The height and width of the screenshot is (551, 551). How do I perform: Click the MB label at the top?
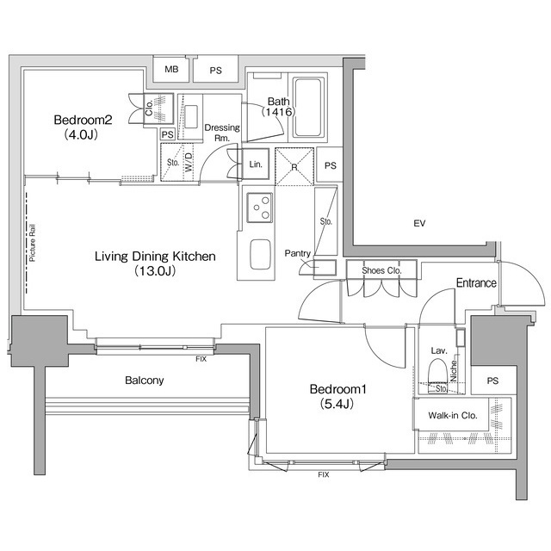(171, 70)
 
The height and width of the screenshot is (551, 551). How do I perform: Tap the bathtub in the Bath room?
(307, 108)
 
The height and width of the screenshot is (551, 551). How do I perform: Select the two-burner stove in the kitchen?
(257, 207)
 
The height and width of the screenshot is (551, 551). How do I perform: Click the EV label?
(419, 224)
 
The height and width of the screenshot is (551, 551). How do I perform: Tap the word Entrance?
(475, 282)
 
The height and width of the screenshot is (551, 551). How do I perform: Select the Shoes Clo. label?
(381, 270)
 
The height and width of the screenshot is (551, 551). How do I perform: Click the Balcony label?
(144, 380)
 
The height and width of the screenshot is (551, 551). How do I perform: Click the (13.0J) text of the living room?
(154, 271)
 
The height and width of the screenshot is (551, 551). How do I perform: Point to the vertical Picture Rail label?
(32, 242)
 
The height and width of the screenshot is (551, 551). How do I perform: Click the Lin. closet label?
(256, 164)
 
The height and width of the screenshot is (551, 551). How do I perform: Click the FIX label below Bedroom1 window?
(323, 474)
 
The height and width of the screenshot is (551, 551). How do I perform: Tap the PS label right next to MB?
(214, 70)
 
